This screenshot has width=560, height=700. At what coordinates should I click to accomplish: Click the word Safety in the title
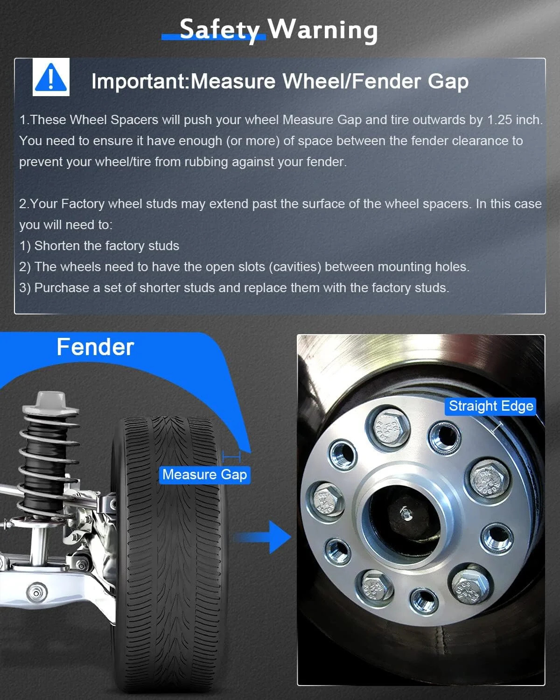(x=219, y=30)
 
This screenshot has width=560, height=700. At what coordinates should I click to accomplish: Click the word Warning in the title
(x=322, y=30)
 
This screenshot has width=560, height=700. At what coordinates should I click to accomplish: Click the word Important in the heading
(x=138, y=81)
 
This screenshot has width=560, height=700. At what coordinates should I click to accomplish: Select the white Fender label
(x=95, y=347)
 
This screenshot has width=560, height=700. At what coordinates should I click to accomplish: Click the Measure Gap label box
(x=205, y=475)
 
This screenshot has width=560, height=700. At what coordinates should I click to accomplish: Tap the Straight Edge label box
(x=490, y=406)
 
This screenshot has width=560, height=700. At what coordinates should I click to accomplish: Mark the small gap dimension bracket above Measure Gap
(x=231, y=456)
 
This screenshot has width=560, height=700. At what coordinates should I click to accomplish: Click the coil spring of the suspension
(x=49, y=462)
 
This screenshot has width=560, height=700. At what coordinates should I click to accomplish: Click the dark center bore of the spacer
(x=404, y=518)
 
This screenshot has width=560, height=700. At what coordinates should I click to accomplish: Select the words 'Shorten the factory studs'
(x=107, y=246)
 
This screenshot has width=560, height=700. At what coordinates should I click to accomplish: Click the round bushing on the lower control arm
(x=36, y=593)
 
